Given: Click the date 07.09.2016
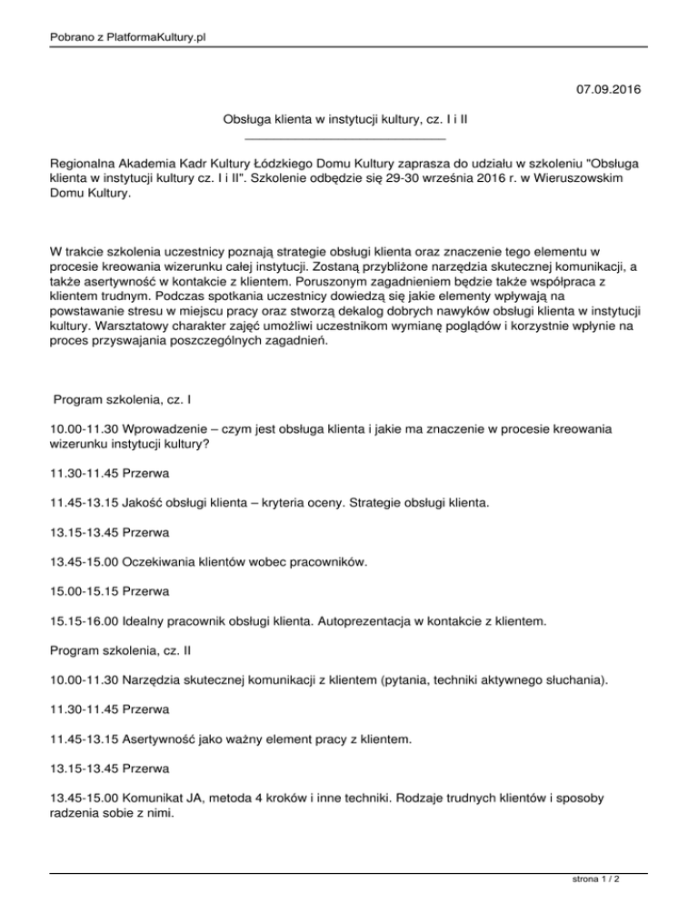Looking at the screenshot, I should [608, 90].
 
